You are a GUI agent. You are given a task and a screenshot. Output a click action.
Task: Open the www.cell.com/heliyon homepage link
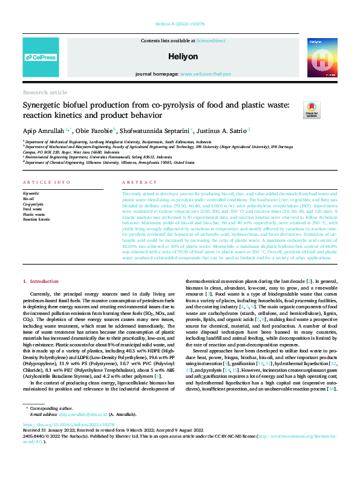(205, 74)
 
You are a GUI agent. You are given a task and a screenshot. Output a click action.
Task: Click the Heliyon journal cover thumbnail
(319, 56)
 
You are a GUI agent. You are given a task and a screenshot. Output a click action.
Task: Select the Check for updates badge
(312, 109)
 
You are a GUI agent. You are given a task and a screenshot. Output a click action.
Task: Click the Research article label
(45, 92)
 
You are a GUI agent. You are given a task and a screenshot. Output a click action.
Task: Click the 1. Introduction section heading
(41, 282)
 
